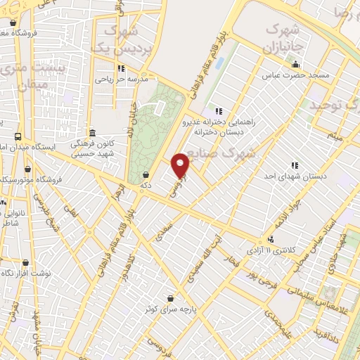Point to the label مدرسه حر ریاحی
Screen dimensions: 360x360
(x=124, y=79)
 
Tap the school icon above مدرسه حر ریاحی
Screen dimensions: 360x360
(x=120, y=69)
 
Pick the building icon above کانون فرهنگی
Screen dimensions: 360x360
(x=92, y=133)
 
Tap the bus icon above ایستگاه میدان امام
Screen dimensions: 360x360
(x=18, y=137)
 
